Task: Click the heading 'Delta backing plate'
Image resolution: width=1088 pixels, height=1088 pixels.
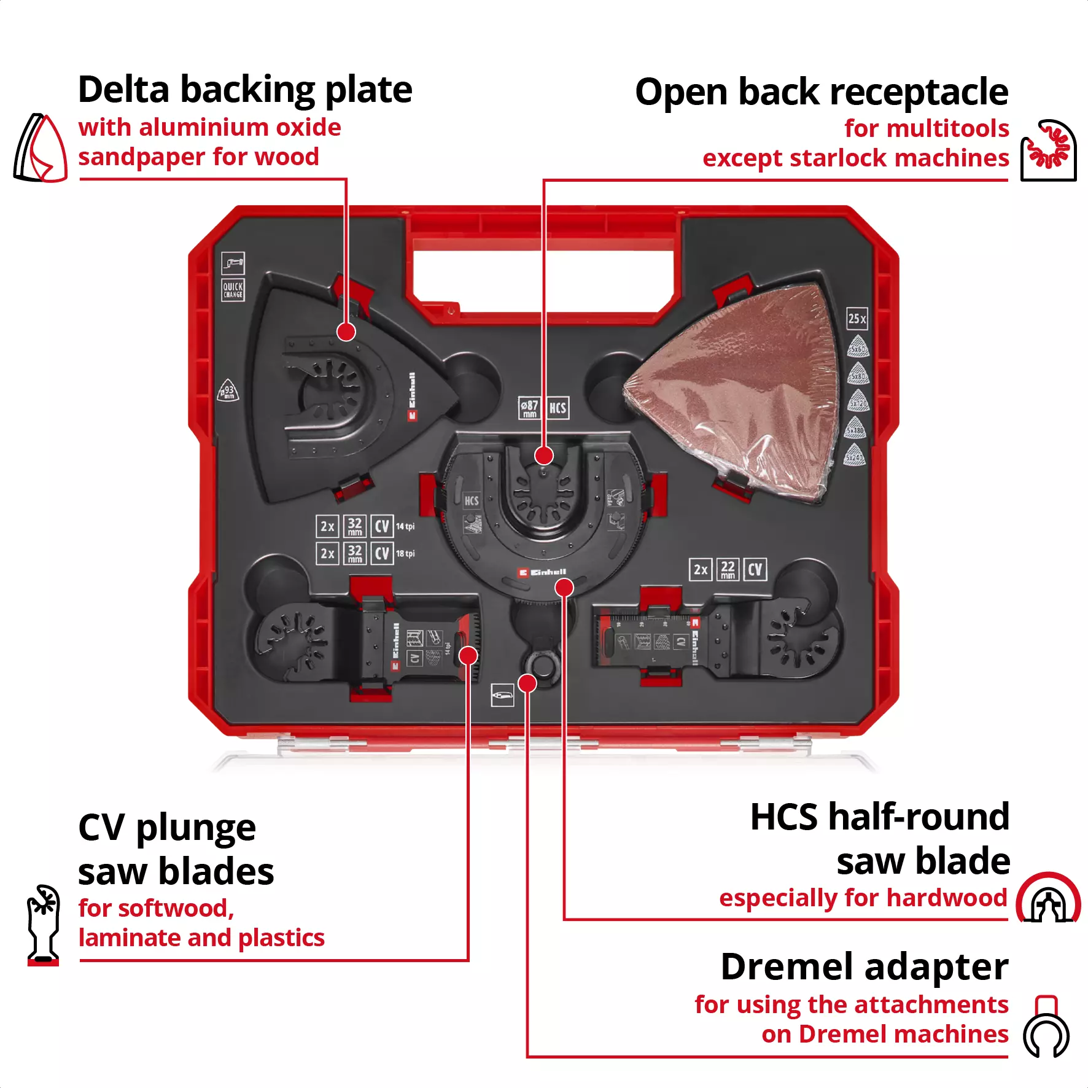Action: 245,90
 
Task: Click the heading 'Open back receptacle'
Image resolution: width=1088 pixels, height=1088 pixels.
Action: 822,92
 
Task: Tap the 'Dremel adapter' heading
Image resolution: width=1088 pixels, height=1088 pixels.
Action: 864,967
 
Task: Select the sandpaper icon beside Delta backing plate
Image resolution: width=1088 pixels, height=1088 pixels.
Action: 41,148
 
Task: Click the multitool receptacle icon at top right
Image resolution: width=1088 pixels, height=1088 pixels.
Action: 1048,150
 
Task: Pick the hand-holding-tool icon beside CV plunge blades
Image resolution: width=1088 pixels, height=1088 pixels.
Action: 44,924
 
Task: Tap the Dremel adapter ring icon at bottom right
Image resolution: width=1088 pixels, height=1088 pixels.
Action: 1046,1026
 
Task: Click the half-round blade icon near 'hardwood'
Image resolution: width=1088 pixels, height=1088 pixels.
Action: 1048,898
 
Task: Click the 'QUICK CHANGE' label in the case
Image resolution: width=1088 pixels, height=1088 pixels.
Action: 233,290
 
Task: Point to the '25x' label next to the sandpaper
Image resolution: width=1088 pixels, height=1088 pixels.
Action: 857,318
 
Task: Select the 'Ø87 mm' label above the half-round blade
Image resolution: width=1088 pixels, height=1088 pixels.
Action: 529,408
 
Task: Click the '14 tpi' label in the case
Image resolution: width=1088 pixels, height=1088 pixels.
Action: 405,526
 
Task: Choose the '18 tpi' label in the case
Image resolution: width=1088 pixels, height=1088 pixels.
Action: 405,553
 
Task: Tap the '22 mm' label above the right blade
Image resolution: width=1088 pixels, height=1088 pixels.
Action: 728,569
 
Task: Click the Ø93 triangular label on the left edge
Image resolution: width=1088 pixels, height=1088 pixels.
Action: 228,391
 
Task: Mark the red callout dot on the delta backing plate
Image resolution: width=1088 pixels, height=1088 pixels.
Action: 346,332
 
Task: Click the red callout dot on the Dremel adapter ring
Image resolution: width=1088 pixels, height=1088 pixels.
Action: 527,683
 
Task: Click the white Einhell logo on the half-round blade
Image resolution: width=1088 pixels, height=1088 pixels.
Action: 542,572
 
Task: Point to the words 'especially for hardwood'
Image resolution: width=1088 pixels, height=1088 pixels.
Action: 863,898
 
